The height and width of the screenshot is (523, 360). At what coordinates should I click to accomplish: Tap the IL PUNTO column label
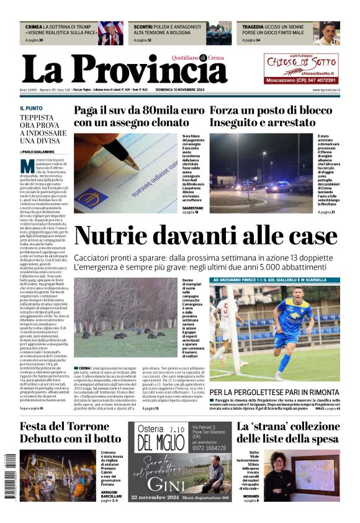(x=32, y=108)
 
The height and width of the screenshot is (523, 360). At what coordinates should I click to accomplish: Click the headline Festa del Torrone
(x=70, y=432)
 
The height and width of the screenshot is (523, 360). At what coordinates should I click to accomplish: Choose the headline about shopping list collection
(x=288, y=432)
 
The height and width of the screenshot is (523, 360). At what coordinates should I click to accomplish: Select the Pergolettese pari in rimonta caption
(x=274, y=393)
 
